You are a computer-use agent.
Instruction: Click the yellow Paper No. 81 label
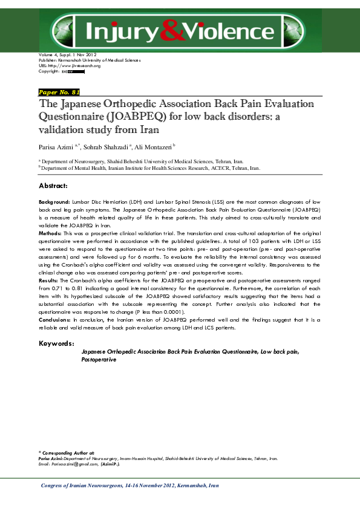click(x=59, y=92)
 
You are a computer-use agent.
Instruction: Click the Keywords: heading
click(x=56, y=343)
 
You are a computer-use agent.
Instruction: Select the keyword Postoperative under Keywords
click(x=99, y=359)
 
